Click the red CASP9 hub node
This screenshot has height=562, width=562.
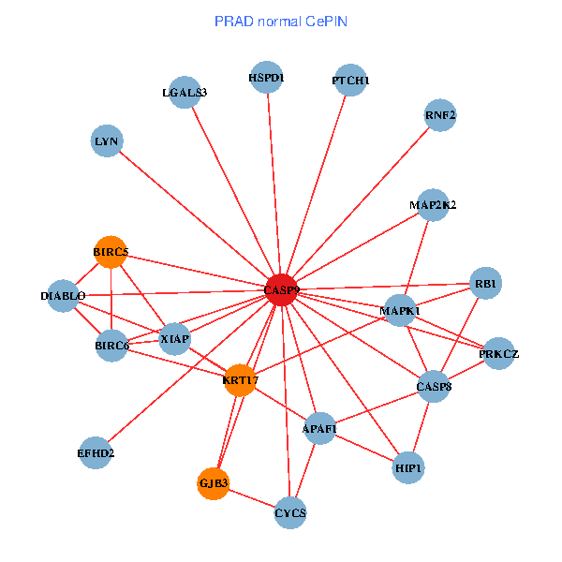click(281, 290)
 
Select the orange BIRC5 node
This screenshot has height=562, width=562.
click(111, 252)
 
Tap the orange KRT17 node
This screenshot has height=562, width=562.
click(241, 379)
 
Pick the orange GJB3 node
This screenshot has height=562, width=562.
click(214, 483)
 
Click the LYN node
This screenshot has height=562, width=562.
click(107, 141)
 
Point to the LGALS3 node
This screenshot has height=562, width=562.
click(185, 92)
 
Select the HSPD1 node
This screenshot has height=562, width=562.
click(267, 77)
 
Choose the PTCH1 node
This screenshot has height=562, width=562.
click(350, 81)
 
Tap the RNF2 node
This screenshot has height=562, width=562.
click(439, 115)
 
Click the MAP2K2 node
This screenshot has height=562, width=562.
click(433, 204)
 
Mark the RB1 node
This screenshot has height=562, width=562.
click(485, 283)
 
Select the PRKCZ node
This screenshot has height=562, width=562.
click(498, 353)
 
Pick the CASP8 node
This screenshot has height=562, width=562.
click(434, 386)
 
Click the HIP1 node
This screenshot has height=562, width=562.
click(408, 466)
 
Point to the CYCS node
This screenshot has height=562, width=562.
click(290, 512)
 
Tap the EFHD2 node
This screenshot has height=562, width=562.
click(96, 452)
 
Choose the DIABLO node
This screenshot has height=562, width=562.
click(64, 296)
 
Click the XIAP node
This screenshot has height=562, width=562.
click(175, 337)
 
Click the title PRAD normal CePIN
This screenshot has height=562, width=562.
click(281, 21)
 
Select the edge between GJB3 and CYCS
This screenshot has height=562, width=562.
click(252, 498)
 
